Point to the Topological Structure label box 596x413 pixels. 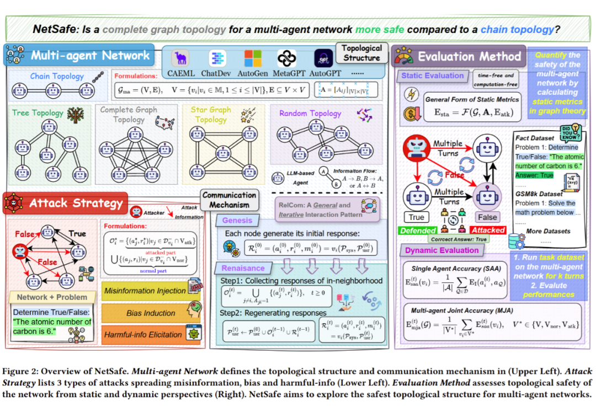[x=362, y=53]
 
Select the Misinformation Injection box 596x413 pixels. [x=145, y=291]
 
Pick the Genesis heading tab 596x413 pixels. [x=237, y=221]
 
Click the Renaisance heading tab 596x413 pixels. [x=243, y=268]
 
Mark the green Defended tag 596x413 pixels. [x=417, y=230]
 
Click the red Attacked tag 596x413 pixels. [x=488, y=230]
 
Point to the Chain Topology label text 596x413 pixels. [x=57, y=76]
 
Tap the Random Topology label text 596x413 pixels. [x=310, y=113]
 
